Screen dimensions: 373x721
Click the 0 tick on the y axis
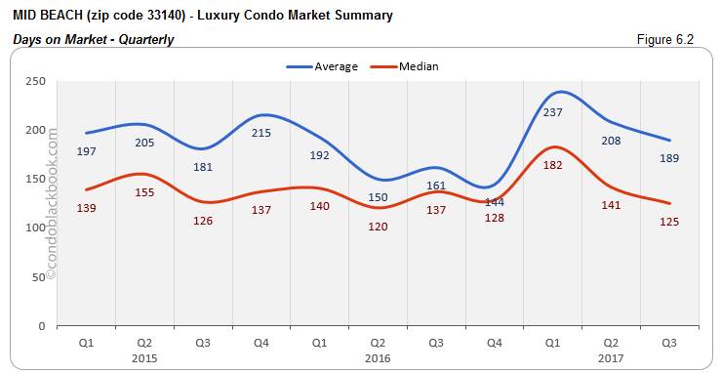42,325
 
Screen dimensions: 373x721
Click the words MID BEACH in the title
49,15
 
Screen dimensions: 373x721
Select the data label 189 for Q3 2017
669,158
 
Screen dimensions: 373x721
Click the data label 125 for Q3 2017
669,222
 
